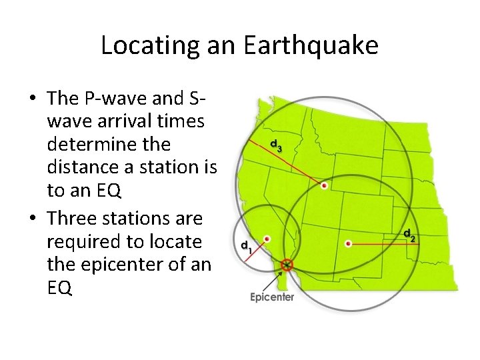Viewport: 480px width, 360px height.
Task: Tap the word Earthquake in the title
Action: click(x=311, y=45)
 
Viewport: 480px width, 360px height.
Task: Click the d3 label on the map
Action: click(x=275, y=145)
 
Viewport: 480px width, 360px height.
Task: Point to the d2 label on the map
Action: click(x=410, y=235)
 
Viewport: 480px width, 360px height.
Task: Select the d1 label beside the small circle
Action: click(x=245, y=245)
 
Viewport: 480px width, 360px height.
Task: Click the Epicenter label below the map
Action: click(x=272, y=297)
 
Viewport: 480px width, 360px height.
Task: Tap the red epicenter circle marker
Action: click(x=287, y=265)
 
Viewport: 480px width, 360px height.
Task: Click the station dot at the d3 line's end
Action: click(x=324, y=186)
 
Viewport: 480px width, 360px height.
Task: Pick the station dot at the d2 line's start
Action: click(x=348, y=244)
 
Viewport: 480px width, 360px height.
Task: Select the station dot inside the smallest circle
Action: click(x=267, y=238)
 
